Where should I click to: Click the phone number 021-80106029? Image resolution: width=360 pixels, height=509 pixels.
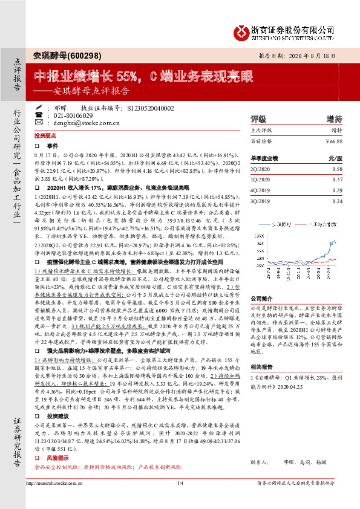pos(74,115)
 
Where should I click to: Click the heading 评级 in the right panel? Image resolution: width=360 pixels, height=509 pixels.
pos(258,118)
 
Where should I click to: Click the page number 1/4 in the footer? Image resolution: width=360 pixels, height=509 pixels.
pos(180,499)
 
